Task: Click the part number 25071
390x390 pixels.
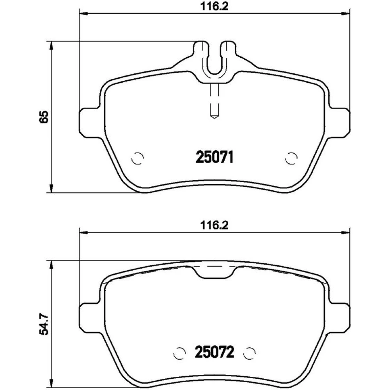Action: [x=214, y=158]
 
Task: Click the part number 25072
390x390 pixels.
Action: [x=214, y=352]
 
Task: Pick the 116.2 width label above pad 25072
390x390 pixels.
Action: [x=214, y=225]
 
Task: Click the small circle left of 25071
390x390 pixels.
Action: [x=138, y=158]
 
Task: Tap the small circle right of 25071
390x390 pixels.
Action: [x=291, y=158]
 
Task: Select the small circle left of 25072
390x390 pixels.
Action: [x=179, y=353]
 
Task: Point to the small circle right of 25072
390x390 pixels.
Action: [x=250, y=353]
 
